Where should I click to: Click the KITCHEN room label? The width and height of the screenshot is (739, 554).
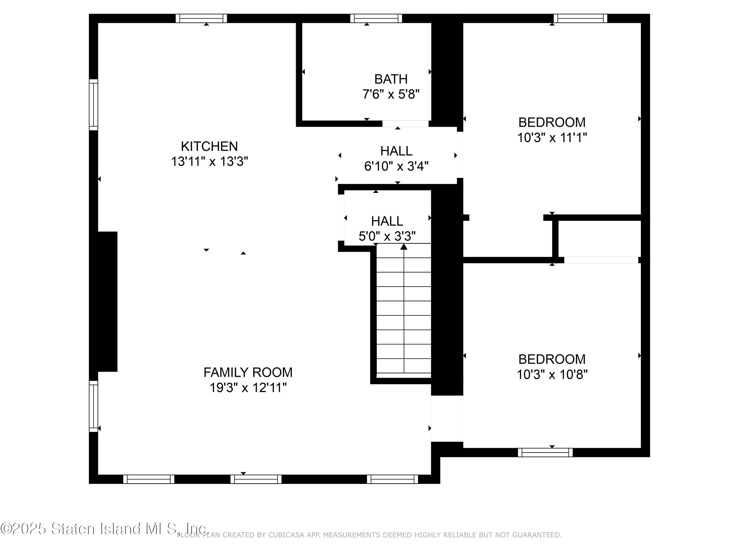pos(209,146)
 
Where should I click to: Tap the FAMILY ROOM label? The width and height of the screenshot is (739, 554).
pos(248,372)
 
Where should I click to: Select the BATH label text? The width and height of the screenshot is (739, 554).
pos(391,79)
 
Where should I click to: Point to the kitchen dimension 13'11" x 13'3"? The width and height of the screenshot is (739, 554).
pos(209,162)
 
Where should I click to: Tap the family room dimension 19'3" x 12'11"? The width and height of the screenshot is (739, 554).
pos(248,388)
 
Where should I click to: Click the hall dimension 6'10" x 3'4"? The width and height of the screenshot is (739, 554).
pos(396,166)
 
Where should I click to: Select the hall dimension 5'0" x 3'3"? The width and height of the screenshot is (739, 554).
pos(387,236)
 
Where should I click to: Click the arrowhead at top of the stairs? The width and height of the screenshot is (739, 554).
pos(404,247)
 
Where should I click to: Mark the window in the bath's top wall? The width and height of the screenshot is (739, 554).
pos(376,18)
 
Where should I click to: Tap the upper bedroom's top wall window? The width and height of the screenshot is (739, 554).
pos(580,18)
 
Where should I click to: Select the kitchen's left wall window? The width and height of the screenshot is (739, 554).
pos(94,105)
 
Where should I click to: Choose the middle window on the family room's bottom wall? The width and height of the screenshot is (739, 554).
pos(256,479)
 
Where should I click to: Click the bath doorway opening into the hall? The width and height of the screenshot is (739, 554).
pos(405,124)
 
